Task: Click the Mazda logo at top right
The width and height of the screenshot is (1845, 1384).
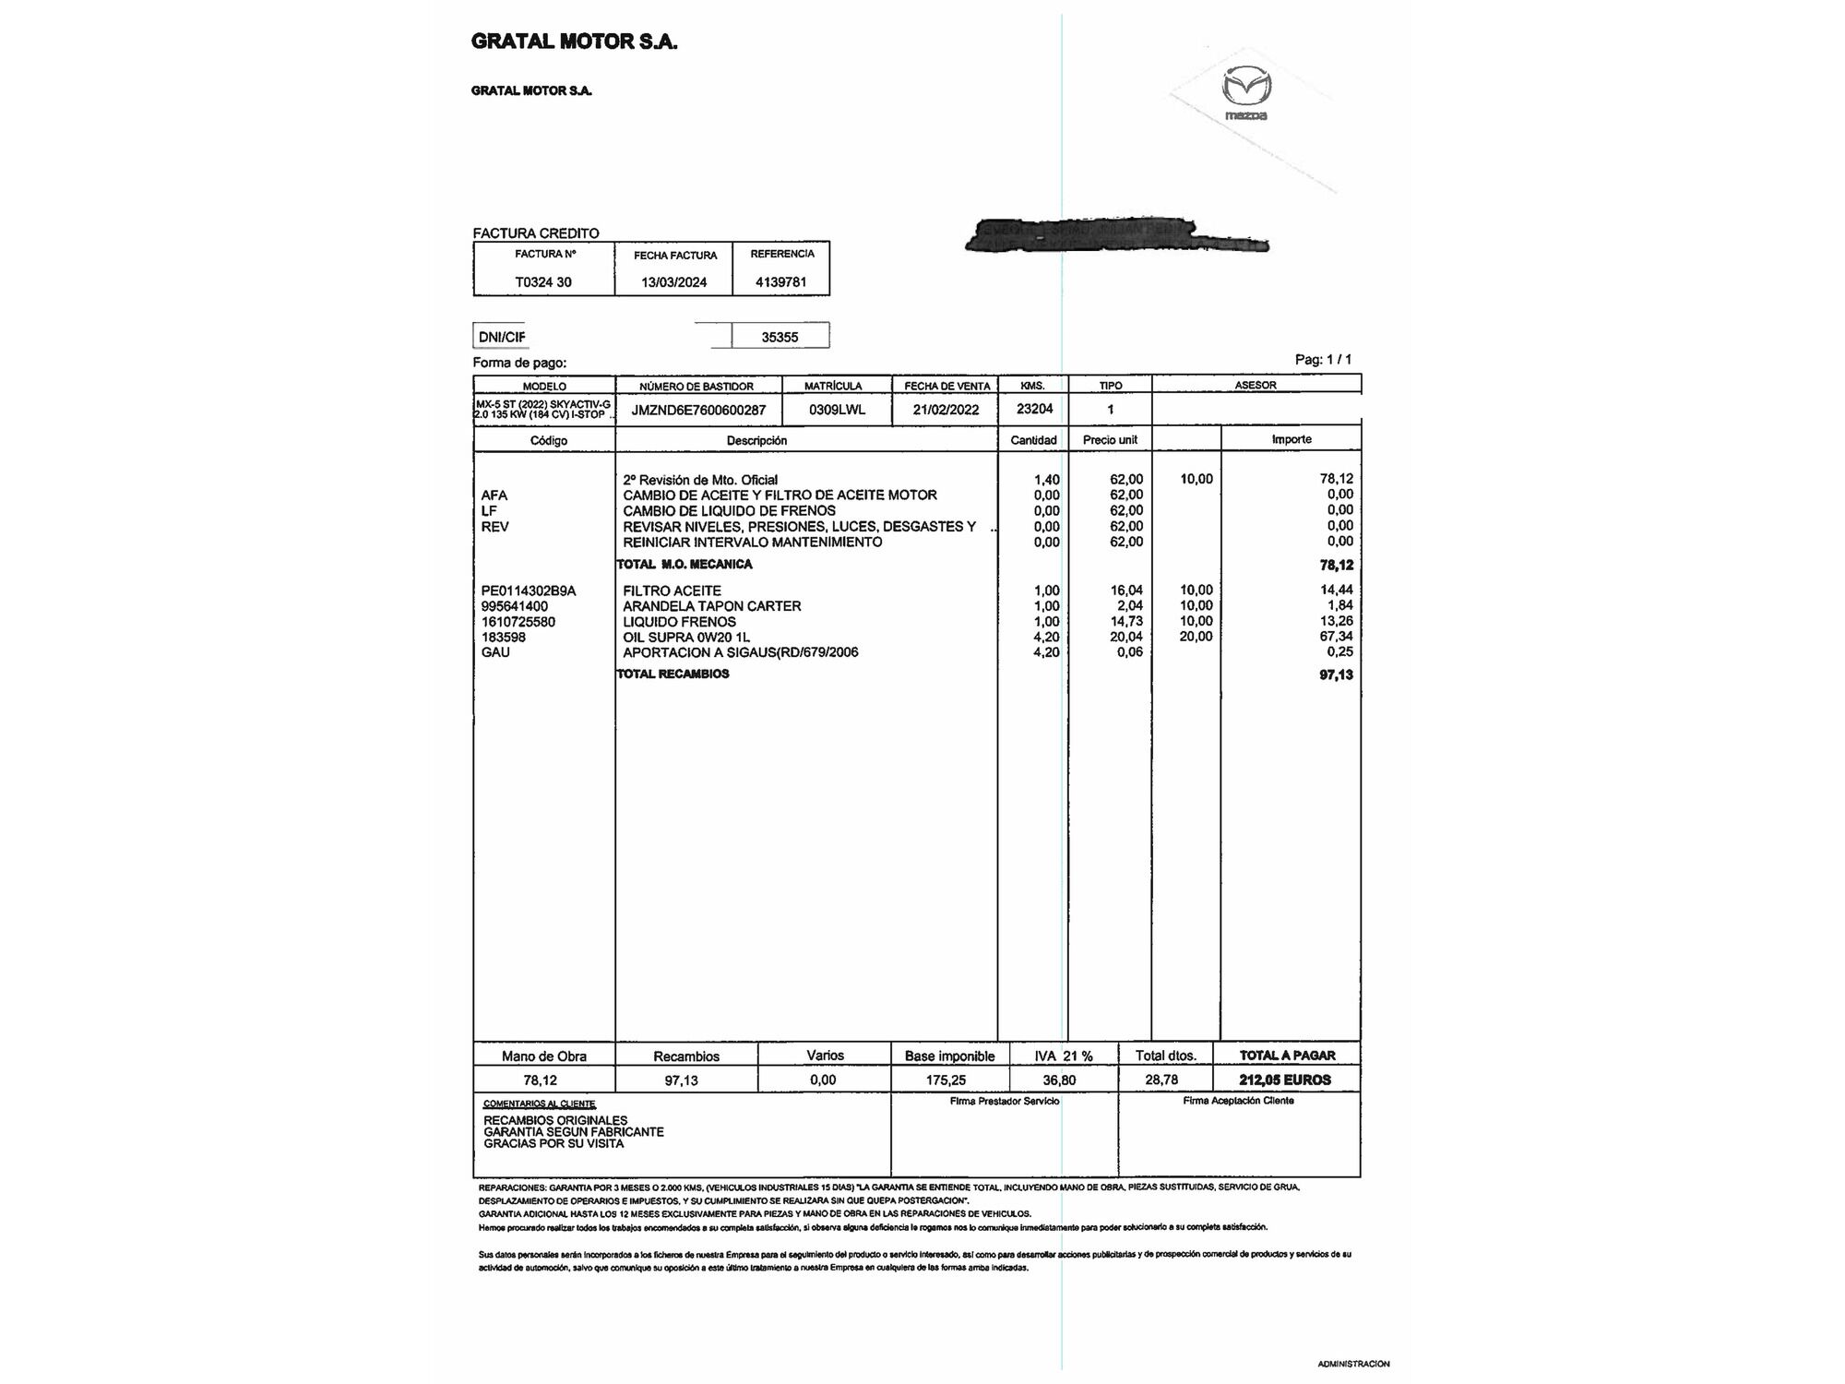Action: [1246, 93]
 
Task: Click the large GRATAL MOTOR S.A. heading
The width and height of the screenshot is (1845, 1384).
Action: [574, 42]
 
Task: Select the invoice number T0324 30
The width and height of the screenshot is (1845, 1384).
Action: [543, 282]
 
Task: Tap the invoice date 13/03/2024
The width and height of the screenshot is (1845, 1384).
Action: [673, 282]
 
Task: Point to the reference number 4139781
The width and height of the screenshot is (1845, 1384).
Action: [780, 282]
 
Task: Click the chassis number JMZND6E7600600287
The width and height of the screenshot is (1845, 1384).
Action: [698, 410]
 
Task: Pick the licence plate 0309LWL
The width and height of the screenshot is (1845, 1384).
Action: [837, 410]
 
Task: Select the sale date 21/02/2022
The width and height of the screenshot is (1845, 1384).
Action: [946, 410]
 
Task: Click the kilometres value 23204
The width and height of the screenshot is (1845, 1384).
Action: [1034, 409]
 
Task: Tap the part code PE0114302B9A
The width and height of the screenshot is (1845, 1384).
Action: [529, 591]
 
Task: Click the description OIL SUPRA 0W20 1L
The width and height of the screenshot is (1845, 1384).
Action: [686, 637]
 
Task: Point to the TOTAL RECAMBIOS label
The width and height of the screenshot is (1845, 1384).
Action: [673, 674]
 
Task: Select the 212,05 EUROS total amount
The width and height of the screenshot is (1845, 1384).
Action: [1285, 1080]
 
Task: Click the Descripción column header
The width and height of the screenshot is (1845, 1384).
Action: [756, 440]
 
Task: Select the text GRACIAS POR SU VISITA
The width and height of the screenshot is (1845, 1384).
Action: [553, 1144]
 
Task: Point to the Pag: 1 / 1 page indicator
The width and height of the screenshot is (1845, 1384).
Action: [1323, 360]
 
